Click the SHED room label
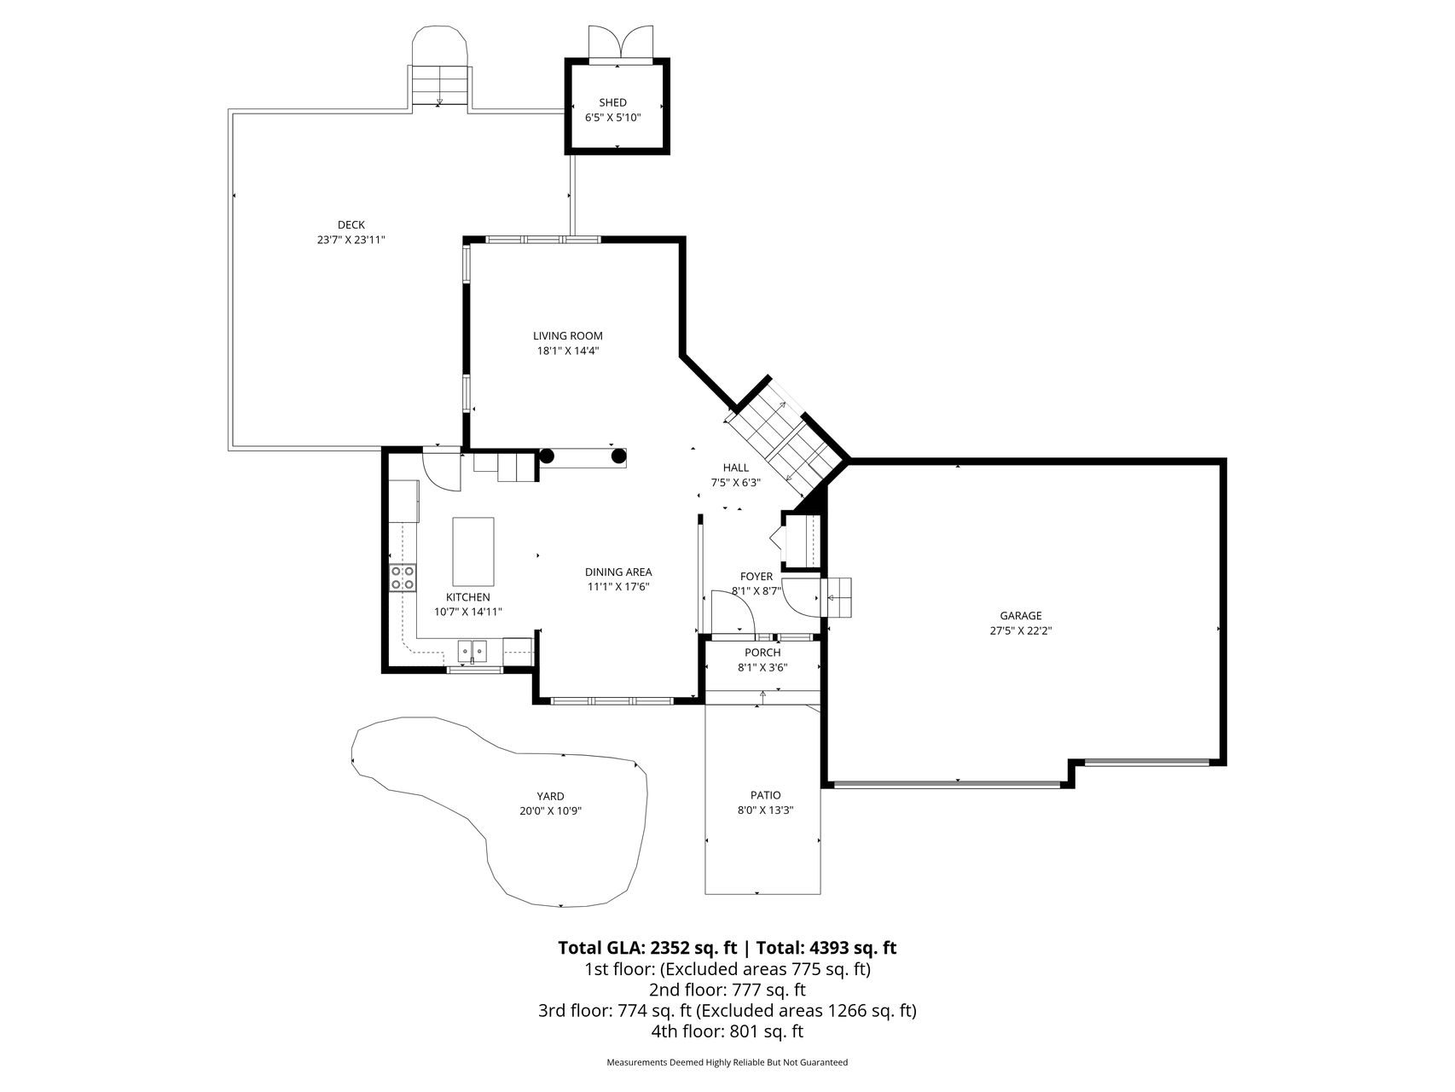click(x=612, y=103)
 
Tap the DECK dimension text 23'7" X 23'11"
click(x=351, y=241)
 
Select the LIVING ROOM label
click(x=568, y=336)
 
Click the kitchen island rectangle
click(x=472, y=551)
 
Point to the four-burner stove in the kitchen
click(x=403, y=578)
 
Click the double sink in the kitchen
click(x=472, y=653)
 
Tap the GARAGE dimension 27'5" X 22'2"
click(x=1021, y=631)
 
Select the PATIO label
click(x=766, y=795)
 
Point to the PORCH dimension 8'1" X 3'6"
click(x=762, y=668)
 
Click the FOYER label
click(x=756, y=577)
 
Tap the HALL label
click(x=736, y=468)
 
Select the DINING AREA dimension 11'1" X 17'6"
click(x=618, y=587)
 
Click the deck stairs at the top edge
click(x=440, y=85)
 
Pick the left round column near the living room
click(x=547, y=456)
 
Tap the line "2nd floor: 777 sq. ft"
click(x=727, y=990)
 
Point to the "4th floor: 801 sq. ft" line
click(x=727, y=1031)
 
